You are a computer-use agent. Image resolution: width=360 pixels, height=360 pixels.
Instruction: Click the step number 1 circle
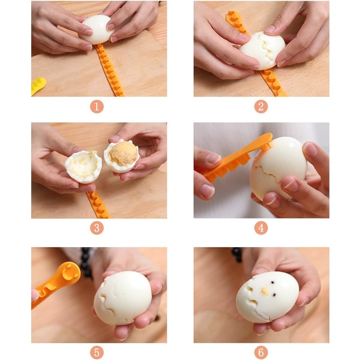(97, 107)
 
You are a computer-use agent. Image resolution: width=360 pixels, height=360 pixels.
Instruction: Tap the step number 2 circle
(261, 107)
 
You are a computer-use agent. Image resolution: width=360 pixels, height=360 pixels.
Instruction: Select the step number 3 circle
(97, 228)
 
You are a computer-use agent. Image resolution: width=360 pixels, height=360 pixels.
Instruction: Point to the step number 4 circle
(261, 228)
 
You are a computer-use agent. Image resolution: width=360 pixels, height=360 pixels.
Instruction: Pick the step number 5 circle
(97, 352)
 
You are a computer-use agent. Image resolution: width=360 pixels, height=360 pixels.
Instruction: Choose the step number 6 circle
(261, 352)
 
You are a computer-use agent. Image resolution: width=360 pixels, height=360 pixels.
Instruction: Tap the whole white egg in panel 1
(98, 29)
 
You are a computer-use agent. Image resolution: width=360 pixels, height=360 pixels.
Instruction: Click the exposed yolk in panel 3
(123, 154)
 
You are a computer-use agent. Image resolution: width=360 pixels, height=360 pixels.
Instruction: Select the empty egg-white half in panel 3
(83, 167)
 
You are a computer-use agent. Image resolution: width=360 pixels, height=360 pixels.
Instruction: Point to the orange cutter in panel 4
(236, 158)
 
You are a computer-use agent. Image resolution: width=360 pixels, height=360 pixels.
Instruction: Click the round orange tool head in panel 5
(68, 273)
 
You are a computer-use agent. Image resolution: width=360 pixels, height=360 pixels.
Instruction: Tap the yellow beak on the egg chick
(265, 291)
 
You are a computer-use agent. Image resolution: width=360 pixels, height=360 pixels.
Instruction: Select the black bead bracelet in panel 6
(237, 254)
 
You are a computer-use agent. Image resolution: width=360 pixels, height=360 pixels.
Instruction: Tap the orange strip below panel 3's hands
(98, 205)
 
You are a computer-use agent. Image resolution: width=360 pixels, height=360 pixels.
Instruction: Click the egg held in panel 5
(122, 298)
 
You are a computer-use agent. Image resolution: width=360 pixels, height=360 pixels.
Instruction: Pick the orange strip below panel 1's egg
(109, 70)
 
